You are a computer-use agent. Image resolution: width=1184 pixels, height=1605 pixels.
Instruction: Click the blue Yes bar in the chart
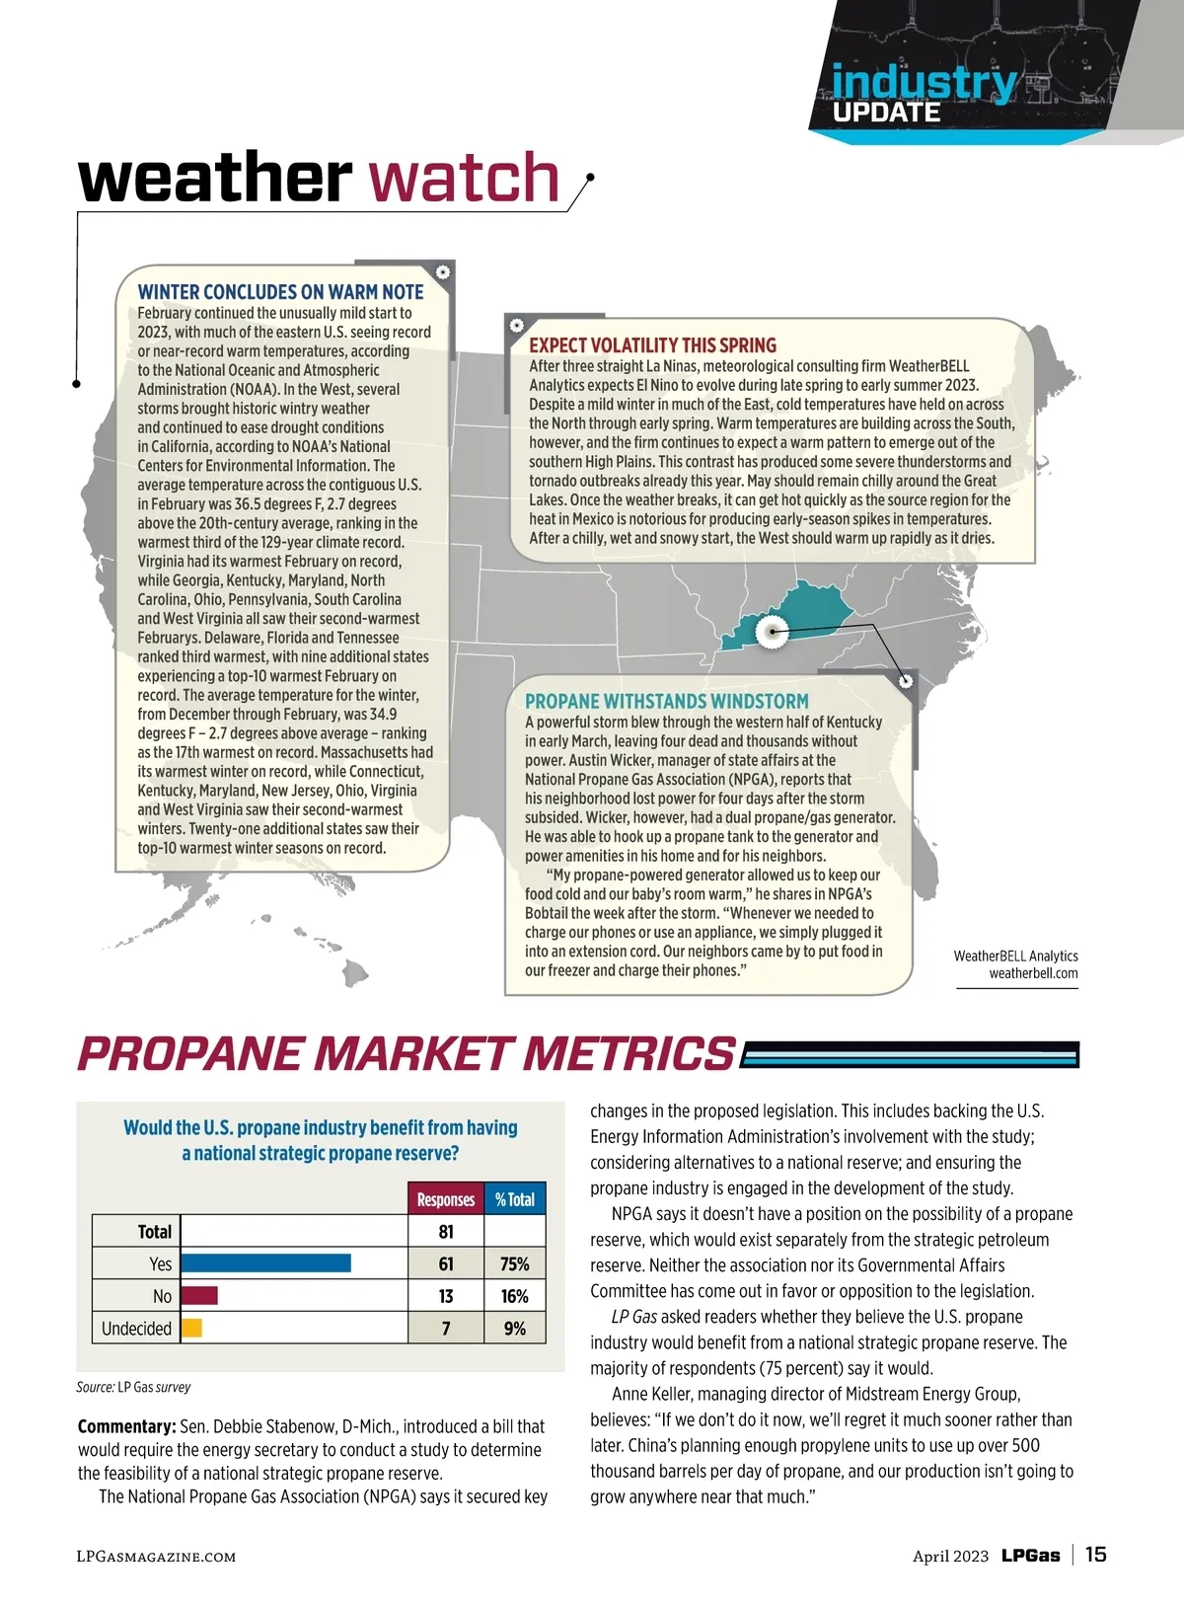265,1263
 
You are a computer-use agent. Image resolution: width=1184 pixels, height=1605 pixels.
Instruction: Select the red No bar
198,1296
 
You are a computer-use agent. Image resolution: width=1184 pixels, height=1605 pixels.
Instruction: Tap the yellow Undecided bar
191,1329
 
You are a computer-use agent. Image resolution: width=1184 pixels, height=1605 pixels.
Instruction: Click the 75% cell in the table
515,1263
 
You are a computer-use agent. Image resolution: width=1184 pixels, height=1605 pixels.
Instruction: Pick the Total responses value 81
446,1231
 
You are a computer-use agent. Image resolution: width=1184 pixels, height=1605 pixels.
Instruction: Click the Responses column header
446,1199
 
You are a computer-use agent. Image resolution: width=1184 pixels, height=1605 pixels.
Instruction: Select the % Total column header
515,1199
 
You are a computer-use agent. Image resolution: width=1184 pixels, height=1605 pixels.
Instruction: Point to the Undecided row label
136,1329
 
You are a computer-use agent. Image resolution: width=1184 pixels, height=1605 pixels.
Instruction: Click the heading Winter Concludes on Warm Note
280,292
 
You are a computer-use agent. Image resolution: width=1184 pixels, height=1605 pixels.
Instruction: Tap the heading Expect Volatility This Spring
652,345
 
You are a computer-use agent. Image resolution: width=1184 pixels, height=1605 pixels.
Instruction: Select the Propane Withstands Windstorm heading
666,701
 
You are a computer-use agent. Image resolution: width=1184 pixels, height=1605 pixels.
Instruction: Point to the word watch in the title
464,178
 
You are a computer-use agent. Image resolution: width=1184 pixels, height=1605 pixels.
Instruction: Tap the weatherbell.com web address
1033,973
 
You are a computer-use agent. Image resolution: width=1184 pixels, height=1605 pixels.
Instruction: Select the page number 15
1095,1555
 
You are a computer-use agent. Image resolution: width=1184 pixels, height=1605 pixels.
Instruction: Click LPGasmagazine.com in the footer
156,1557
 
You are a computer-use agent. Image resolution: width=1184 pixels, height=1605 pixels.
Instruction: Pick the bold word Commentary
126,1426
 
